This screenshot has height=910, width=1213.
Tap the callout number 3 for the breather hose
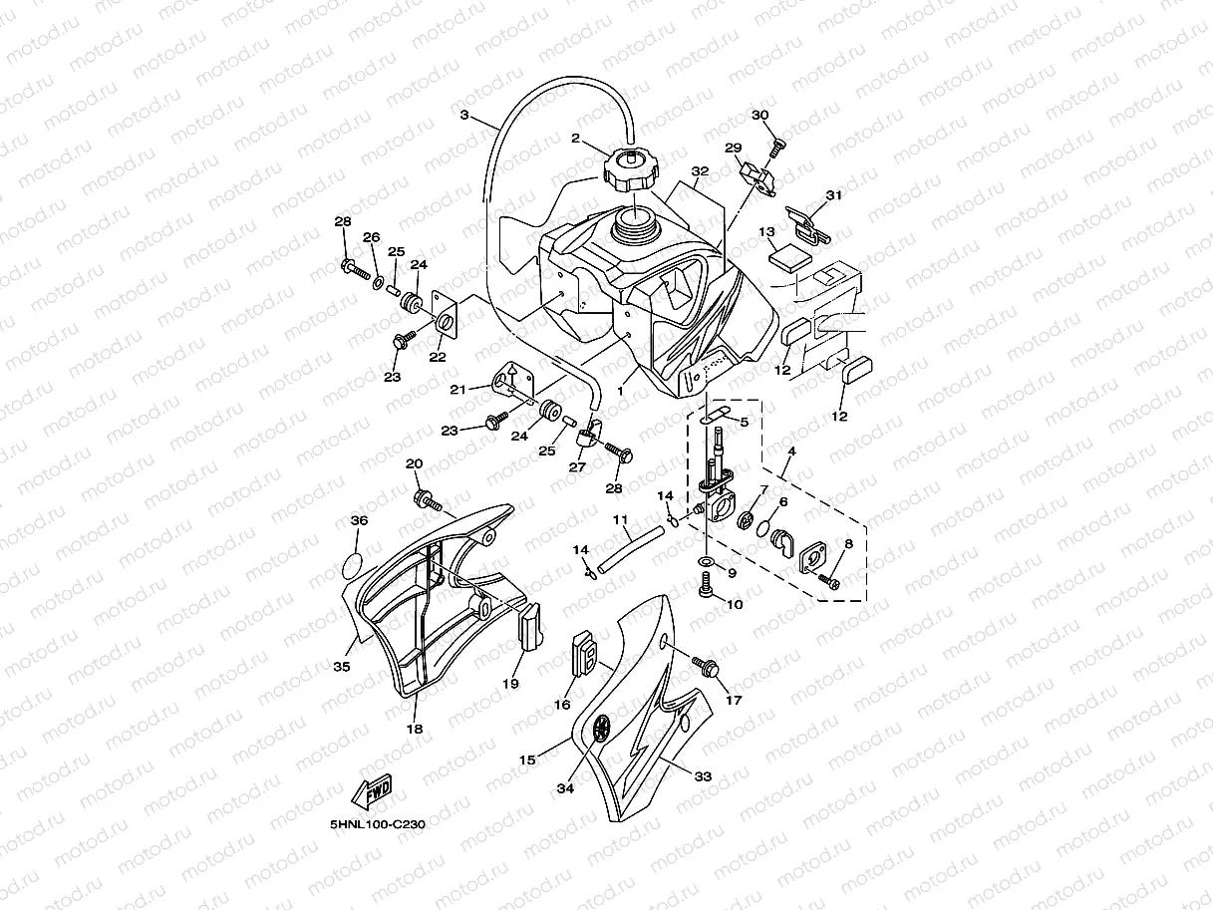coord(463,115)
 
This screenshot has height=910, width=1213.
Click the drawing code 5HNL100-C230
coord(378,825)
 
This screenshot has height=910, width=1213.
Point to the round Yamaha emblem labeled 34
coord(601,728)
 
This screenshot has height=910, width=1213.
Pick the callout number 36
coord(359,520)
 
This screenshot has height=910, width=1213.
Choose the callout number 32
coord(700,171)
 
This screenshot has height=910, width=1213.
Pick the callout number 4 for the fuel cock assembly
coord(790,451)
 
